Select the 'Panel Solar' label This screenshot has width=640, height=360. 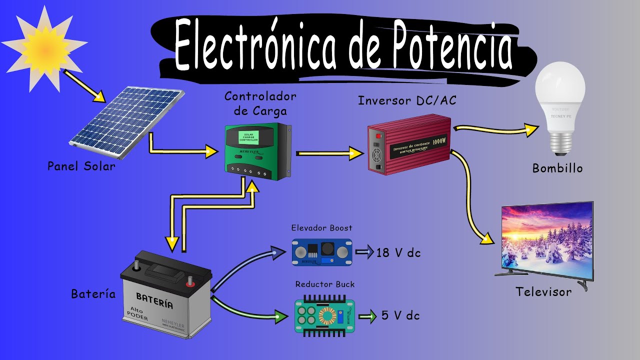81,166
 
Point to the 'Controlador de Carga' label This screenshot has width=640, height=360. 260,102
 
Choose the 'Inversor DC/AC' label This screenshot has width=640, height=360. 407,101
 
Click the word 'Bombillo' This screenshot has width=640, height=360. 557,168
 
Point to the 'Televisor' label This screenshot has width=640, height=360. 543,292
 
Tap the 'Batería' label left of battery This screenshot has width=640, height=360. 93,294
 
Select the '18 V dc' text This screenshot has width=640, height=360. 398,253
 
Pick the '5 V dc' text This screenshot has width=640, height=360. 400,315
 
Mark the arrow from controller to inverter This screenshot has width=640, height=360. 330,153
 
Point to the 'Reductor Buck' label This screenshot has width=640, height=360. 325,284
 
